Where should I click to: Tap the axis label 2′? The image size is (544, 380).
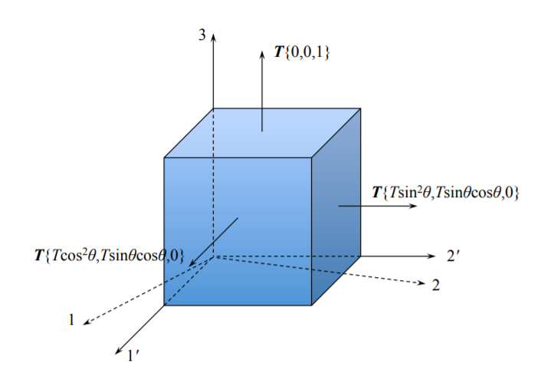[453, 256]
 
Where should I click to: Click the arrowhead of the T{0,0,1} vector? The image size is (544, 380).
[262, 55]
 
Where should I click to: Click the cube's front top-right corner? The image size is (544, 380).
[312, 158]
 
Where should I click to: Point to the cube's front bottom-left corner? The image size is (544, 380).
[165, 306]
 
